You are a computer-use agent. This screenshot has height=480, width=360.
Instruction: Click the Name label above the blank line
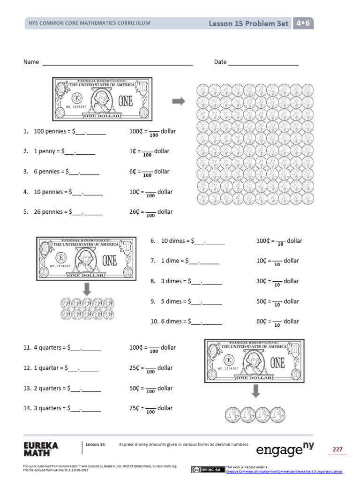point(31,62)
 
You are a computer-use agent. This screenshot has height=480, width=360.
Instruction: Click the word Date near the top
point(220,62)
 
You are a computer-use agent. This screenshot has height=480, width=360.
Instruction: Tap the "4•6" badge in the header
point(303,23)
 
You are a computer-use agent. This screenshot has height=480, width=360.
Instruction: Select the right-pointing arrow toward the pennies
point(179,101)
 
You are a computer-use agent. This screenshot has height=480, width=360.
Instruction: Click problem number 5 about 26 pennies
point(26,212)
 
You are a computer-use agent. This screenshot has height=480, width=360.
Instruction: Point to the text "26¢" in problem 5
point(134,212)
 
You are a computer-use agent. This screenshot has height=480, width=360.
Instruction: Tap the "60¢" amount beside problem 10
point(261,322)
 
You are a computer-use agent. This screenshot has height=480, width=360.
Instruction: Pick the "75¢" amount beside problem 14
point(134,408)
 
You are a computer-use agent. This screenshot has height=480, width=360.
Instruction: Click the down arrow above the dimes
point(87,289)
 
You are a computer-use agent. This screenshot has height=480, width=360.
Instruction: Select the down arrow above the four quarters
point(255,391)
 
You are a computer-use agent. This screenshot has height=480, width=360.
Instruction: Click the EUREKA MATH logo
point(41,449)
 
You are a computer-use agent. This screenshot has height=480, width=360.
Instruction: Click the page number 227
point(337,449)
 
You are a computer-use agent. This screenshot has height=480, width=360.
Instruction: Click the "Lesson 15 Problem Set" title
point(248,23)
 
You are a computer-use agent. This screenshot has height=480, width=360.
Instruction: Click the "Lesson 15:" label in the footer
point(96,444)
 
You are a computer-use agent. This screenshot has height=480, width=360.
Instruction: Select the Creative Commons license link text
point(284,472)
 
